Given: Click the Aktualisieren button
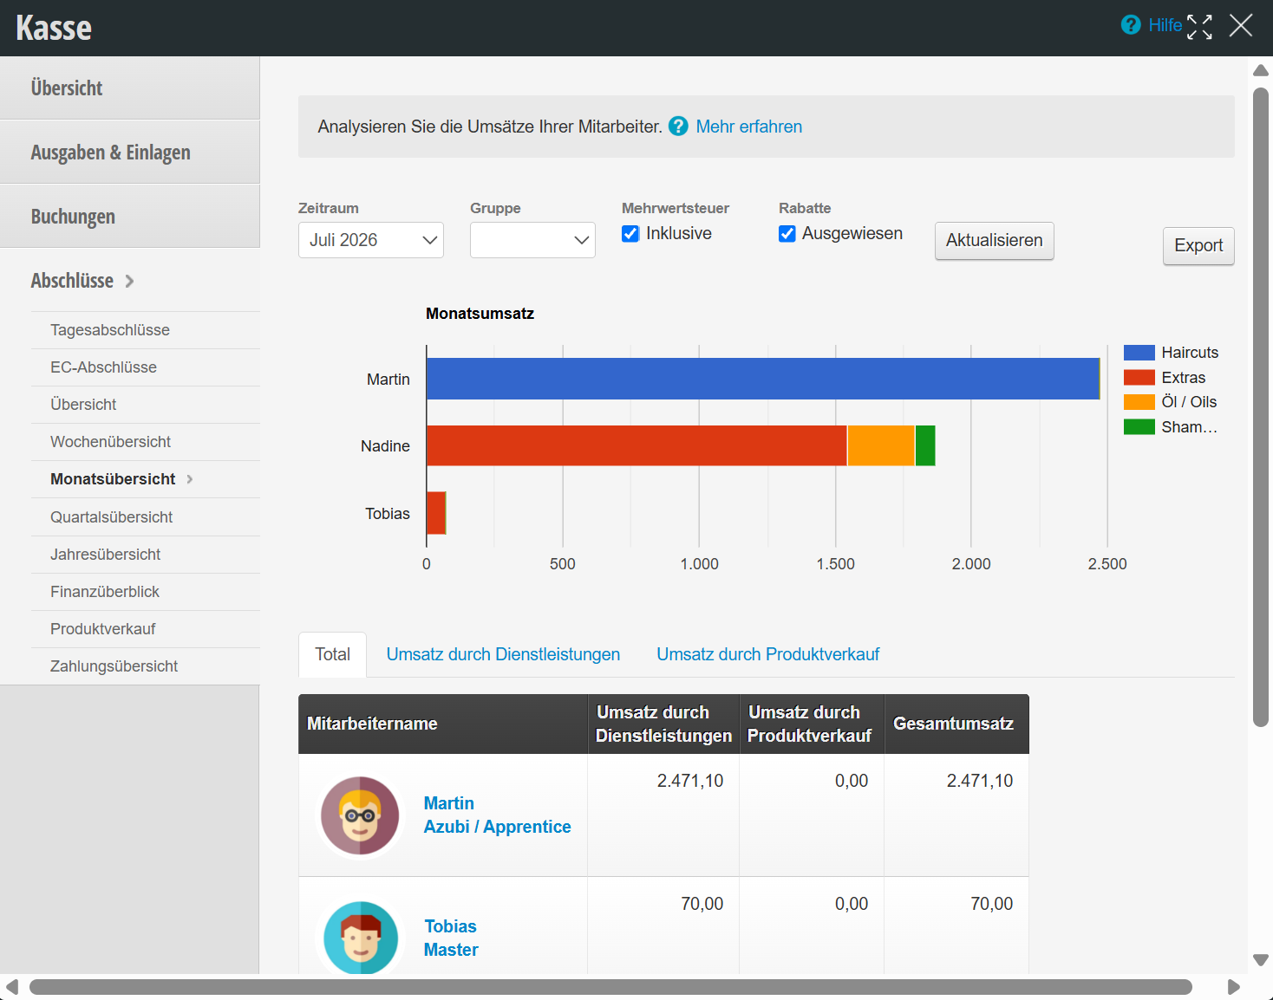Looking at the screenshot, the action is pos(994,241).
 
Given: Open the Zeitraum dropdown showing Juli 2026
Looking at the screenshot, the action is pos(371,240).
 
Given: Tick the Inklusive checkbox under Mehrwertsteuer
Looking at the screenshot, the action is pos(630,234).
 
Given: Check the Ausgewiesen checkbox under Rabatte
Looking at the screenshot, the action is pos(787,234).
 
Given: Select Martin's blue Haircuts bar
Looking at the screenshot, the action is pos(763,379).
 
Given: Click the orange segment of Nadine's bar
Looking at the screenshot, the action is pos(881,445).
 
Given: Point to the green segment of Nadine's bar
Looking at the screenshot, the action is pos(925,445).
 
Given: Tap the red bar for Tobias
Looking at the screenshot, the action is pos(436,513).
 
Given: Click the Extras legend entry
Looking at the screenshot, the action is pos(1164,377).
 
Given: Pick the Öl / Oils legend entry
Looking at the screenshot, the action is pos(1170,402).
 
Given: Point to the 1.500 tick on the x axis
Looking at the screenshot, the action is pos(835,564).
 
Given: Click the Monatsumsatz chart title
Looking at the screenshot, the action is pos(480,314).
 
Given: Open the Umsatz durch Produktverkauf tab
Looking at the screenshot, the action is pos(767,654).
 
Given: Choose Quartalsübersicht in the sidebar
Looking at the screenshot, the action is pos(111,516).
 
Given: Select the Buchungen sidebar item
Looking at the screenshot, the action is pos(73,217).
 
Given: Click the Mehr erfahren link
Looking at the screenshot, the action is pos(749,127).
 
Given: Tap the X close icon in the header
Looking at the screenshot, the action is pos(1240,26).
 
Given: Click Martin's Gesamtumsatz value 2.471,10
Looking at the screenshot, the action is pos(980,781).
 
